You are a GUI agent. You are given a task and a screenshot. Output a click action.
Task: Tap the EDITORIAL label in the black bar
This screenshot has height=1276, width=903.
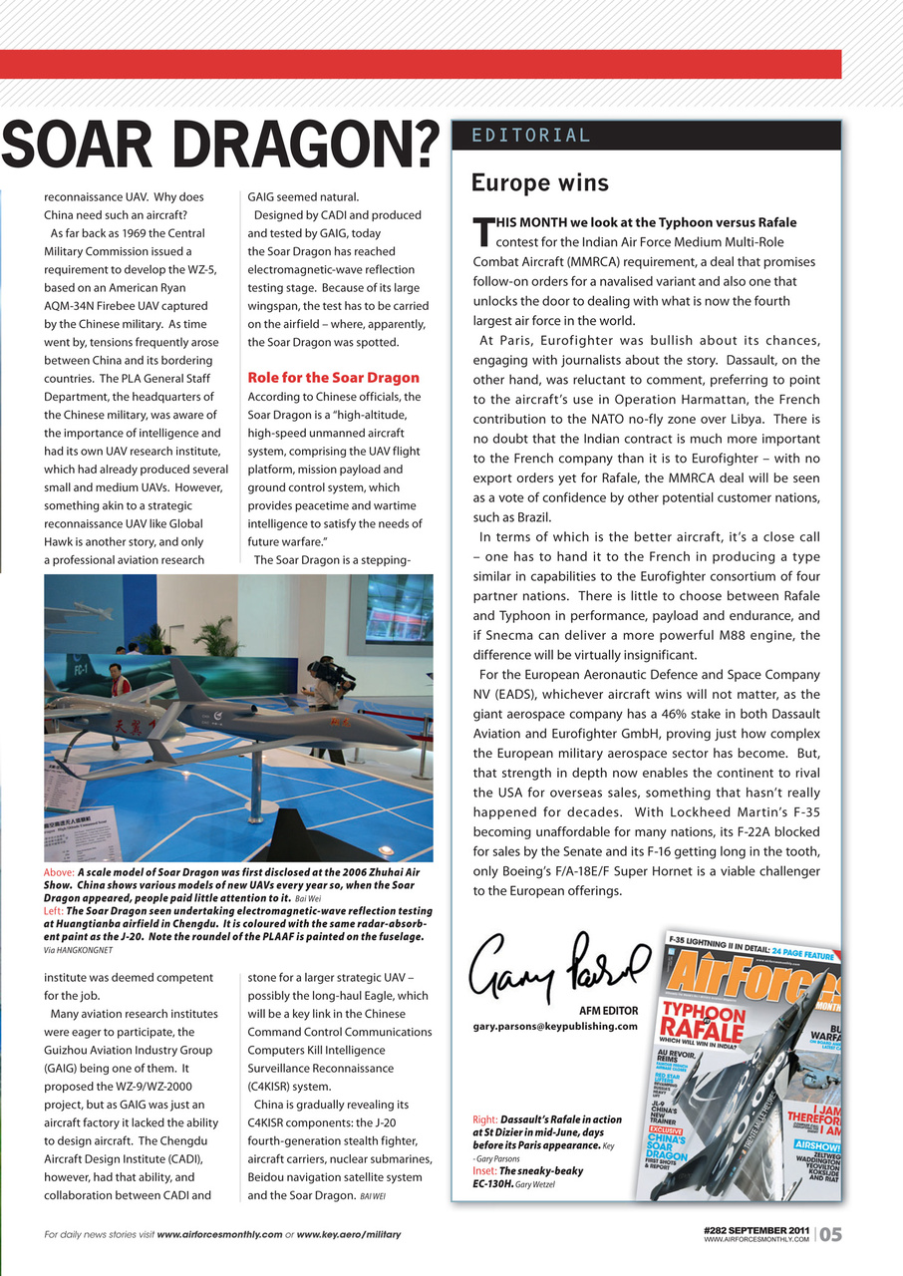pos(531,136)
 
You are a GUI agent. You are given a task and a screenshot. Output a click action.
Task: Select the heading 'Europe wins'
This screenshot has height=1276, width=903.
pos(539,183)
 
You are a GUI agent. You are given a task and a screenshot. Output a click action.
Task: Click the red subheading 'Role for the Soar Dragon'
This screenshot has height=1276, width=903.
pos(333,378)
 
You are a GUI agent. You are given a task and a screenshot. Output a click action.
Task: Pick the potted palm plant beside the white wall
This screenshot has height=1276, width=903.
pos(216,637)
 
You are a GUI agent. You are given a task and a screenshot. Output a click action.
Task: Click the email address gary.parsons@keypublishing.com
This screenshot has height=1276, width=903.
pos(554,1026)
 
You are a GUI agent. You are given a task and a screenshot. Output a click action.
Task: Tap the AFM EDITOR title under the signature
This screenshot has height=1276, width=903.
pos(608,1011)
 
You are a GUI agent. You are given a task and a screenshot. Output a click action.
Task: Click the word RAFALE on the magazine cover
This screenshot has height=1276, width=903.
pos(705,1030)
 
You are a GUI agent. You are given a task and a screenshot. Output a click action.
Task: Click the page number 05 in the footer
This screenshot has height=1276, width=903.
pos(831,1234)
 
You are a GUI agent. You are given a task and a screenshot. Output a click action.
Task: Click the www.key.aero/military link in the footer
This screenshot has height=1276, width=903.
pos(348,1235)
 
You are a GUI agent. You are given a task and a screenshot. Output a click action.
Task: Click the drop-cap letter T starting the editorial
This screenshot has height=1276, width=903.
pos(483,231)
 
